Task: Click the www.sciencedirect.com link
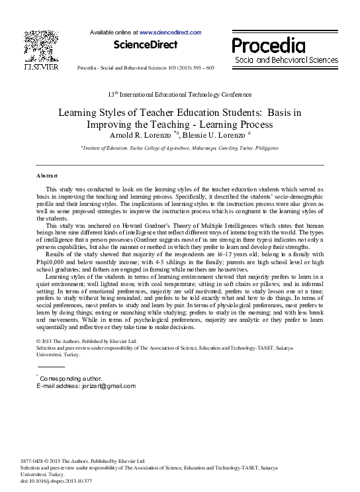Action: coord(170,32)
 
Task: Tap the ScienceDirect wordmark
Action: coord(146,45)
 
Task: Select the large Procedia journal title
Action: coord(269,45)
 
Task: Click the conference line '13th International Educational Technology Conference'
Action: coord(179,95)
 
